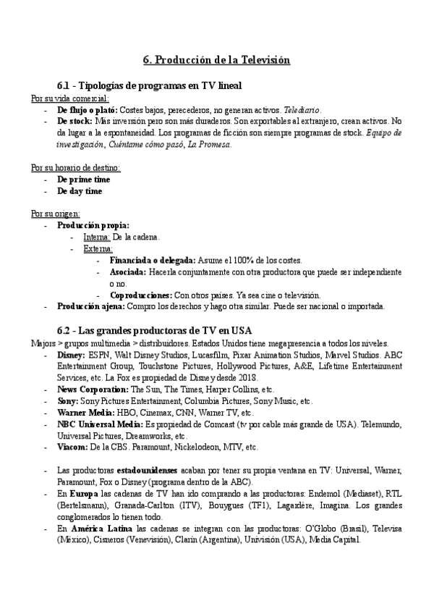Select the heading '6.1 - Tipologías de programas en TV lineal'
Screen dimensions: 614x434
pyautogui.click(x=149, y=85)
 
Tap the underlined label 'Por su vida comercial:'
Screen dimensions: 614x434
pyautogui.click(x=70, y=98)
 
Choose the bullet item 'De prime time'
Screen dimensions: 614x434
pyautogui.click(x=84, y=180)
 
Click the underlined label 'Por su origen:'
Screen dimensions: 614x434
pyautogui.click(x=56, y=214)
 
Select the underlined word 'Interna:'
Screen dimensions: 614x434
pyautogui.click(x=97, y=237)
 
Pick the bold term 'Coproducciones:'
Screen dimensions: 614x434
pyautogui.click(x=141, y=295)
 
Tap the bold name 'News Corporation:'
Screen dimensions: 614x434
pyautogui.click(x=93, y=390)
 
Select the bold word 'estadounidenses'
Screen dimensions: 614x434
pyautogui.click(x=130, y=471)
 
